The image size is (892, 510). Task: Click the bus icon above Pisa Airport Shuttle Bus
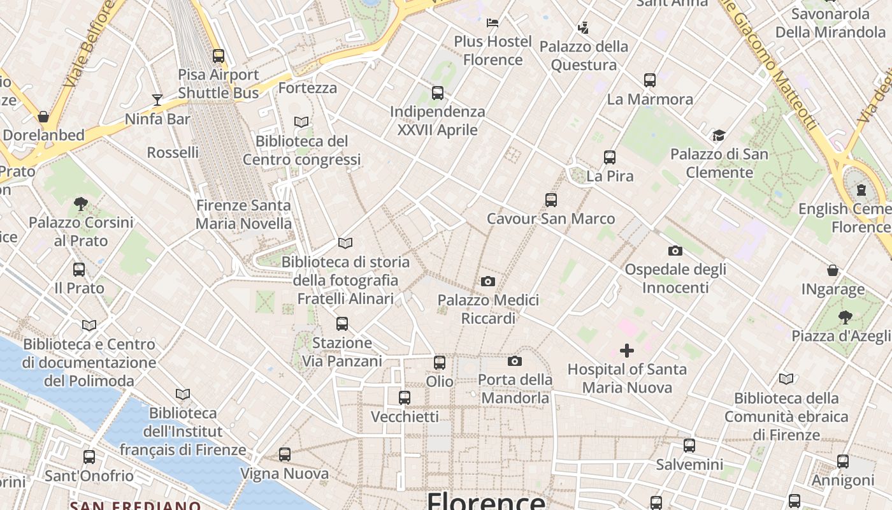click(x=219, y=56)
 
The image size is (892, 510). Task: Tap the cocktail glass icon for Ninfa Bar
click(x=157, y=99)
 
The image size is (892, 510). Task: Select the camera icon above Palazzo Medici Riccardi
click(x=488, y=281)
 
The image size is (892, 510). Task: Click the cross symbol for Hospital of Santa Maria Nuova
click(x=627, y=351)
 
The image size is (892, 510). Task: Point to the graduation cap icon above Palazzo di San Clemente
click(x=719, y=135)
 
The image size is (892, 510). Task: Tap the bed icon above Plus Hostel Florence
click(x=493, y=23)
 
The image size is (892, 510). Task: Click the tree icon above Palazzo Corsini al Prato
click(x=81, y=204)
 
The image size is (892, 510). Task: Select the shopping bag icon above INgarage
click(x=833, y=270)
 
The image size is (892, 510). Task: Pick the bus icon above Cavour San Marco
click(x=551, y=200)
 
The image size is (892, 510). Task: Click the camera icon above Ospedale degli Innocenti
click(x=675, y=251)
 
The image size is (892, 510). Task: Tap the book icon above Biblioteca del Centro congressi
click(x=301, y=122)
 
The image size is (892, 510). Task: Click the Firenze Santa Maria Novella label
click(x=243, y=215)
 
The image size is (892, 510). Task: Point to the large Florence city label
click(x=486, y=500)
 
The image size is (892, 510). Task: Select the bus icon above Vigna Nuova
click(x=285, y=455)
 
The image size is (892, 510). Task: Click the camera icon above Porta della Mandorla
click(x=515, y=361)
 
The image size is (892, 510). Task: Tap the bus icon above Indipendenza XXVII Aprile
click(x=438, y=93)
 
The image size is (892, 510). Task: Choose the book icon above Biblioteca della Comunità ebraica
click(x=786, y=379)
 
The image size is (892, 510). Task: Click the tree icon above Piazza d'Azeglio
click(x=845, y=317)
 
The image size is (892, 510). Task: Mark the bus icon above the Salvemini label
click(x=689, y=446)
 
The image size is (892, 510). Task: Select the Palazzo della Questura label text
click(x=584, y=55)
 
